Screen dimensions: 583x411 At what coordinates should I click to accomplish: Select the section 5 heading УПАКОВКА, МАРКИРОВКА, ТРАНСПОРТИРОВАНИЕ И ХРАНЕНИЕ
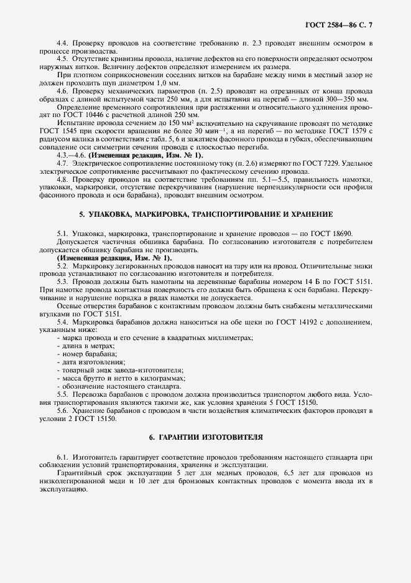pyautogui.click(x=205, y=214)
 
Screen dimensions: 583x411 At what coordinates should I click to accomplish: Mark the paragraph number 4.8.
pyautogui.click(x=62, y=179)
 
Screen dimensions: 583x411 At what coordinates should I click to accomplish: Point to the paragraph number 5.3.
pyautogui.click(x=62, y=282)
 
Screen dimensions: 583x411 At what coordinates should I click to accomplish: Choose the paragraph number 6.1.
pyautogui.click(x=62, y=457)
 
